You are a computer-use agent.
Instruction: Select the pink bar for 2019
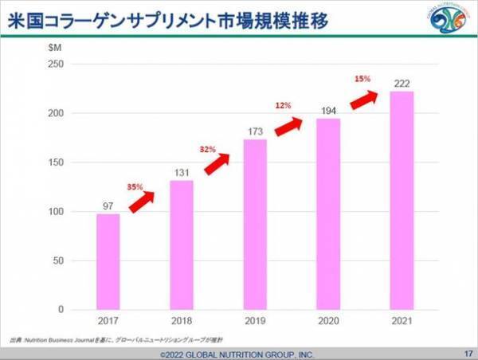point(255,224)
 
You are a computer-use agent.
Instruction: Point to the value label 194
point(328,108)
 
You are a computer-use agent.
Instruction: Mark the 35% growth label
point(135,186)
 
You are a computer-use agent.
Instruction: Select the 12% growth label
point(284,106)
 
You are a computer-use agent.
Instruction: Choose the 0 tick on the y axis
point(58,310)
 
